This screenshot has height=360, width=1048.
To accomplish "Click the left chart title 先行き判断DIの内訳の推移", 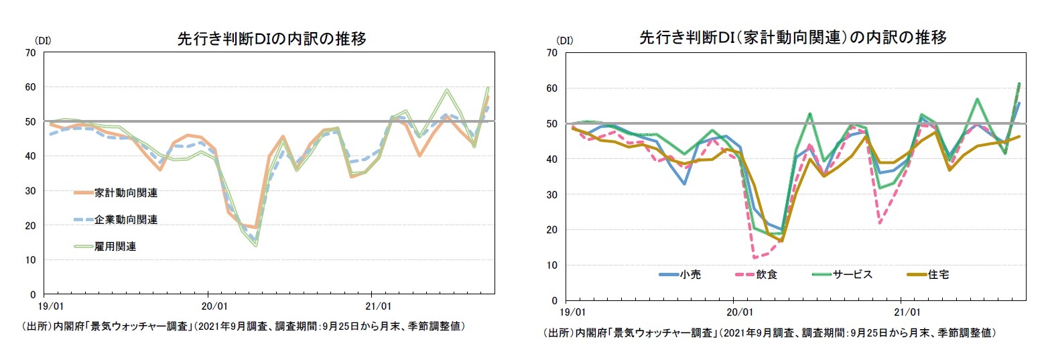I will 271,39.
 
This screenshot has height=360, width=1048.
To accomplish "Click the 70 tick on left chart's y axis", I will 31,52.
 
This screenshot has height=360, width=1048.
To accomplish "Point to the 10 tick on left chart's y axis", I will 31,259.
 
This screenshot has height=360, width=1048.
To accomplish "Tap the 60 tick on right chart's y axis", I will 552,88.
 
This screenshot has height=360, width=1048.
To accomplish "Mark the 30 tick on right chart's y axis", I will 552,194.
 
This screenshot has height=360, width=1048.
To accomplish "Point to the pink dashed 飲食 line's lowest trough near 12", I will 755,257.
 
